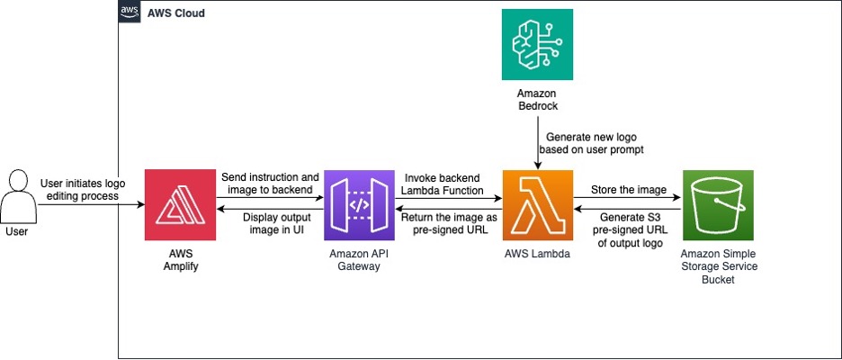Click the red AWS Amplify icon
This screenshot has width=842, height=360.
point(180,205)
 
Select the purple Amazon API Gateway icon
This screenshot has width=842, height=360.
point(359,205)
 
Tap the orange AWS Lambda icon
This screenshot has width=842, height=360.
point(538,205)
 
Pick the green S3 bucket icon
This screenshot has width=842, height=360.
point(718,205)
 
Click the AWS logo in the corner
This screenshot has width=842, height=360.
point(130,13)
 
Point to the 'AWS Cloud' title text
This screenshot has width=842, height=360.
point(176,14)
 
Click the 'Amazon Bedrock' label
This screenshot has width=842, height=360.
point(537,100)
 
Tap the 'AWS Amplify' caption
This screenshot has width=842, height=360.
point(180,261)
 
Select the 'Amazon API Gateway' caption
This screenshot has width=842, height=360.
point(359,261)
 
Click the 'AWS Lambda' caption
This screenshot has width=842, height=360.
point(538,255)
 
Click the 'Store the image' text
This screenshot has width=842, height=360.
point(627,190)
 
